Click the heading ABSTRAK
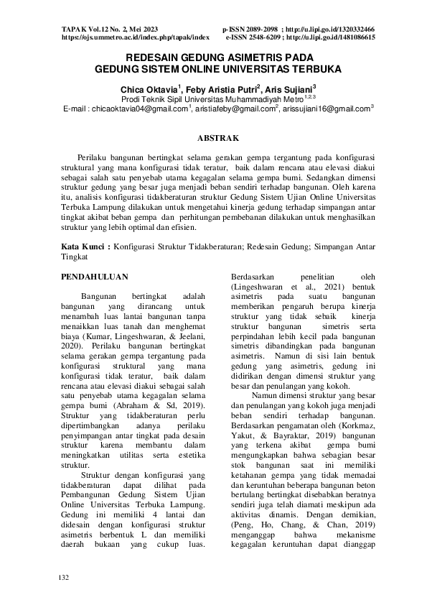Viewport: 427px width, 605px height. coord(213,137)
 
